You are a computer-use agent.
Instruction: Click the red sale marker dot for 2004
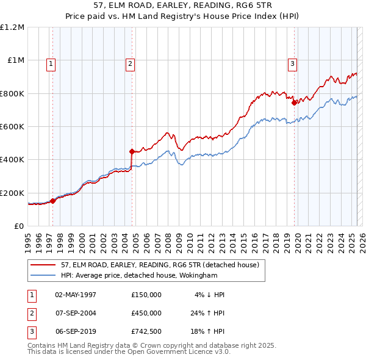pyautogui.click(x=132, y=151)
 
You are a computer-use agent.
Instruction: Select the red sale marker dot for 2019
pyautogui.click(x=294, y=103)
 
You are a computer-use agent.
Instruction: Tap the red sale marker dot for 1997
pyautogui.click(x=52, y=201)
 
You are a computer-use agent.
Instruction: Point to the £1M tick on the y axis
pyautogui.click(x=16, y=60)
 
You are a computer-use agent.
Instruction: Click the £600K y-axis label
pyautogui.click(x=13, y=126)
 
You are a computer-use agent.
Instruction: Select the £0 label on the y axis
pyautogui.click(x=20, y=226)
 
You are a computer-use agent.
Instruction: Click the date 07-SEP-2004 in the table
pyautogui.click(x=76, y=313)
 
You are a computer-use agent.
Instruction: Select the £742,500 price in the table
pyautogui.click(x=146, y=332)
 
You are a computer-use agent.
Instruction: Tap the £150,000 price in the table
pyautogui.click(x=146, y=294)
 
